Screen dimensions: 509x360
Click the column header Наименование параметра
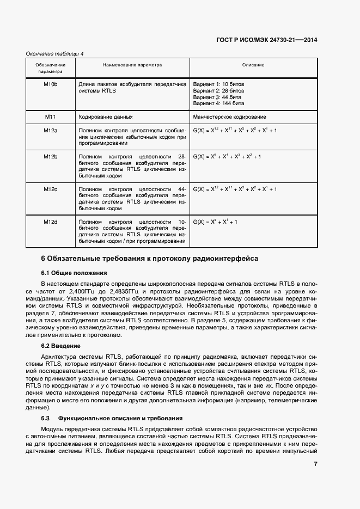click(x=132, y=65)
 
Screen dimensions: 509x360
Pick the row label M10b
click(x=51, y=84)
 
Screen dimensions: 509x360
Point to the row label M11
click(x=51, y=116)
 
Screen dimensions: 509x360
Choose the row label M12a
click(x=51, y=131)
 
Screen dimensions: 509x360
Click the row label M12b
click(x=51, y=157)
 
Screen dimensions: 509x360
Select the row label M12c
click(x=51, y=189)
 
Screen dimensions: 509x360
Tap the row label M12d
click(x=51, y=222)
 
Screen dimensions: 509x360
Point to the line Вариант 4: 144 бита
click(x=219, y=103)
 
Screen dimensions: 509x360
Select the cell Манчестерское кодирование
click(x=229, y=117)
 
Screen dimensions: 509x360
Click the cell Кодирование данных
click(x=106, y=117)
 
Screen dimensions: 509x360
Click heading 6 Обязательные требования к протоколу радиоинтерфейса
click(x=150, y=259)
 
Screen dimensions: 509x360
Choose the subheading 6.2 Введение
click(x=61, y=346)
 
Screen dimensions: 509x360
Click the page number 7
click(x=315, y=464)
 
